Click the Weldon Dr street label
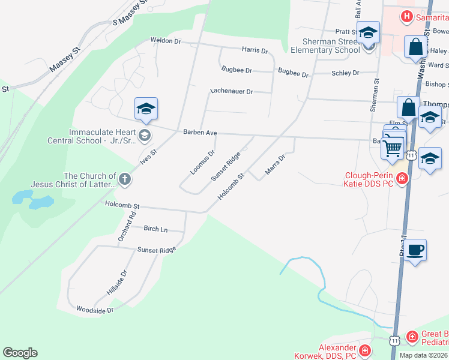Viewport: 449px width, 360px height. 165,40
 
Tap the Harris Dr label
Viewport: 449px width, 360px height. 255,50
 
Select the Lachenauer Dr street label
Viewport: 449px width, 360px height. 232,92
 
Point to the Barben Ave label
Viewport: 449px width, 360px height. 200,133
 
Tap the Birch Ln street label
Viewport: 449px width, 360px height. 155,229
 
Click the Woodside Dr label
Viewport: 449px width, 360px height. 95,310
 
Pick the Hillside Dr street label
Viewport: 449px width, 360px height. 117,282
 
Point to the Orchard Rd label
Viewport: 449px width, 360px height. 126,227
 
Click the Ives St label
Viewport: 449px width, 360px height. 148,157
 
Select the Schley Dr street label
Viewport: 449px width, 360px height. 345,73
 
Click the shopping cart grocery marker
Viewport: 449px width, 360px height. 393,146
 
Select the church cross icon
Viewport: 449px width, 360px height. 124,178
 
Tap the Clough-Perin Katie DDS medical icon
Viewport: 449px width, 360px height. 402,178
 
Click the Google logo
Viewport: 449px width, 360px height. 20,353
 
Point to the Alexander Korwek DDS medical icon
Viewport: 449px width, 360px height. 364,350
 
